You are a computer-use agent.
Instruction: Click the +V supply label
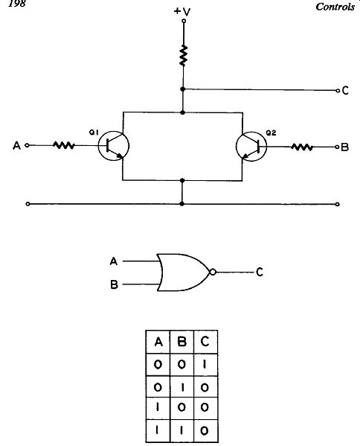(x=182, y=11)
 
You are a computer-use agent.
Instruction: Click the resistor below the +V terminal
(x=184, y=55)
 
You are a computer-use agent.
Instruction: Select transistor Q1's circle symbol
(x=113, y=146)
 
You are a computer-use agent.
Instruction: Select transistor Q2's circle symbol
(x=251, y=147)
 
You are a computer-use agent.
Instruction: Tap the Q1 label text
(x=94, y=132)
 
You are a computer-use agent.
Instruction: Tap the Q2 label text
(x=271, y=133)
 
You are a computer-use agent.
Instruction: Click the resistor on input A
(x=64, y=146)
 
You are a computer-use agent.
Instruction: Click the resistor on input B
(x=302, y=147)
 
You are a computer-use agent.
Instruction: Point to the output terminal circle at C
(x=338, y=91)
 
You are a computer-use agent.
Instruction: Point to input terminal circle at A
(x=27, y=145)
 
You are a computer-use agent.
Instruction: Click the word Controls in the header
(x=335, y=7)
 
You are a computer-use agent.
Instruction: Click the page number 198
(x=17, y=4)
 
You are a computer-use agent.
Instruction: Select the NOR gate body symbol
(x=184, y=273)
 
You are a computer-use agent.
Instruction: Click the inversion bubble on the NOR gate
(x=213, y=273)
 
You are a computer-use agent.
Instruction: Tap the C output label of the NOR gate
(x=260, y=273)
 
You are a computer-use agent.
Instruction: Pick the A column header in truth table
(x=158, y=342)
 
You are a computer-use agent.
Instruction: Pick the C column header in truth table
(x=205, y=341)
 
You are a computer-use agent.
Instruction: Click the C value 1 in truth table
(x=205, y=364)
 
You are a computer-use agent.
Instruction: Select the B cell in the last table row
(x=181, y=431)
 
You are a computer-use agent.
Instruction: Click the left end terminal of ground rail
(x=28, y=204)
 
